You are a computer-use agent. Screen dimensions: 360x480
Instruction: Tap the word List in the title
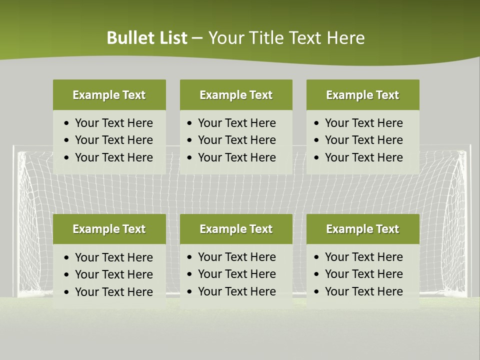(x=170, y=38)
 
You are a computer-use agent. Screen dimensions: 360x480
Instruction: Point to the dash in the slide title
(x=197, y=38)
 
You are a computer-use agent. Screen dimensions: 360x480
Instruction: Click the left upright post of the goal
(x=15, y=220)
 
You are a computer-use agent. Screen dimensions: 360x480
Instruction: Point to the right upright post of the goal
(x=468, y=220)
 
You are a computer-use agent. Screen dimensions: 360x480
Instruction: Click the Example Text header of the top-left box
(x=109, y=95)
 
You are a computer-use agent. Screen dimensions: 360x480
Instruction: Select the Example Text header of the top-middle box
(x=236, y=95)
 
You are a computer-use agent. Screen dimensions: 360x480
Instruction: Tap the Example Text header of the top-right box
(x=362, y=95)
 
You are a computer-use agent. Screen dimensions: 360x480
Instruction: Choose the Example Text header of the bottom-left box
(x=109, y=229)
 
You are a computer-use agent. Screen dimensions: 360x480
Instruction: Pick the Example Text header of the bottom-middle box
(x=236, y=229)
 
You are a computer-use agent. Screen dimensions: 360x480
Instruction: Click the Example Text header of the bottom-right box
(x=362, y=229)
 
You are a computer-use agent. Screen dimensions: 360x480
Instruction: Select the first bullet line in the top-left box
(x=113, y=123)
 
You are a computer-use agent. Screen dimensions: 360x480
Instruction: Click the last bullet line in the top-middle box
(x=236, y=157)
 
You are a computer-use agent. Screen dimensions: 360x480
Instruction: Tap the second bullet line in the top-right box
(x=363, y=140)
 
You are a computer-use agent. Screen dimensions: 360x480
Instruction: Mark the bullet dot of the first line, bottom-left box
(x=67, y=258)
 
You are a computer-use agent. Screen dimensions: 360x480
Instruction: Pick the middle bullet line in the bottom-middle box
(x=236, y=274)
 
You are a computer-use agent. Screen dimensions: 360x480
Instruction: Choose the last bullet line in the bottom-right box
(x=363, y=291)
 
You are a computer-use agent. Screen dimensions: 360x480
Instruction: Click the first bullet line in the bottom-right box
(x=363, y=257)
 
